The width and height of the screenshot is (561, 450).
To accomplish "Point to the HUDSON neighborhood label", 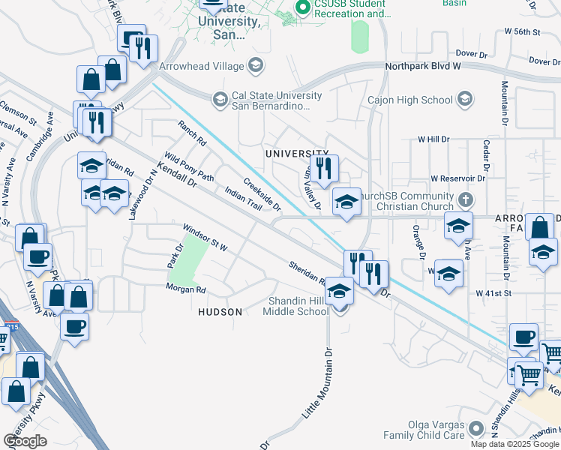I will pos(220,311).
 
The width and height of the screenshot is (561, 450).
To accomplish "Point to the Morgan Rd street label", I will pos(186,289).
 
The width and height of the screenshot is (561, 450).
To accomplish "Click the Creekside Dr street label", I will pos(262,194).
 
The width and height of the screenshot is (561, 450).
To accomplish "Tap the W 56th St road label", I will pos(523,32).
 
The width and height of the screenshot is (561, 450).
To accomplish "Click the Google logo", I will pos(25,440).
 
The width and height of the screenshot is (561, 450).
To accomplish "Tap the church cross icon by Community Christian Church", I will pos(466,201).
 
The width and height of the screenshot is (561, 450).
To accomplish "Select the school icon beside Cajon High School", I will pos(465,100).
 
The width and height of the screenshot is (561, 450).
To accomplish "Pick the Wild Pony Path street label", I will pos(190,168).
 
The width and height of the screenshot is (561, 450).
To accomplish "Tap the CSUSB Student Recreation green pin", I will pos(303,8).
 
